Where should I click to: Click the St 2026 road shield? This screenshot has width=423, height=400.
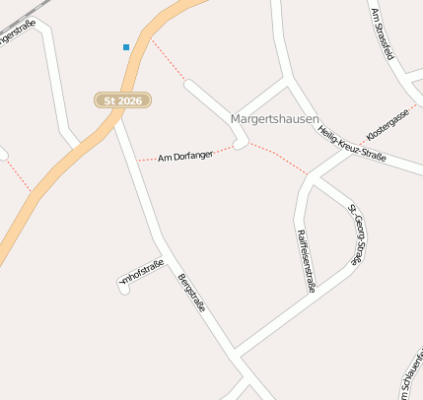(x=123, y=100)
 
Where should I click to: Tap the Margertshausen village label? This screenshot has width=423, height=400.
(x=274, y=119)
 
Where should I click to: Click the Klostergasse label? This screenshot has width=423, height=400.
(x=387, y=124)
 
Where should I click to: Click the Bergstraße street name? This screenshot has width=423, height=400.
(x=191, y=294)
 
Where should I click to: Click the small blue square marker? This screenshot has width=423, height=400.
(x=126, y=46)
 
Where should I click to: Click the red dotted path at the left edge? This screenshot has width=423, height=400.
(x=17, y=174)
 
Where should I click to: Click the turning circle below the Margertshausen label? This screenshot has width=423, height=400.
(x=240, y=145)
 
